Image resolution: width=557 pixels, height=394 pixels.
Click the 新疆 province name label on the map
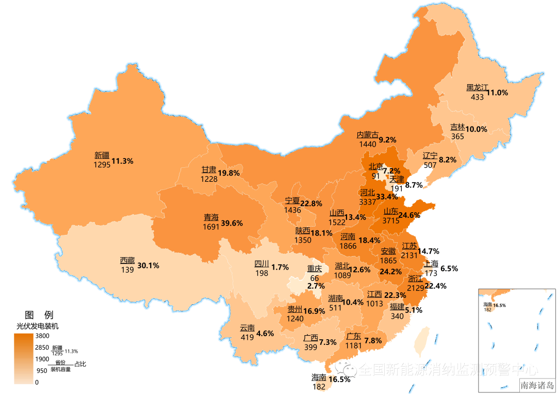coord(102,155)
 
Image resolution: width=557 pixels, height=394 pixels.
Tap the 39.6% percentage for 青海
coord(232,223)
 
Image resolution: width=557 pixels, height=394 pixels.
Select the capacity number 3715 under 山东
coord(391,220)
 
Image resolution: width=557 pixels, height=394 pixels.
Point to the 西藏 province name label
coord(127,260)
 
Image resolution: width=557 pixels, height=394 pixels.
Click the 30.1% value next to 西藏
coord(148,265)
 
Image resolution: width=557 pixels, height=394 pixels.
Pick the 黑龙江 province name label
coord(477,87)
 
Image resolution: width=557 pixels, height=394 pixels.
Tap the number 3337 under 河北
coord(368,201)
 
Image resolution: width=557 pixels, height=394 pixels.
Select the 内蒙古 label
coord(367,134)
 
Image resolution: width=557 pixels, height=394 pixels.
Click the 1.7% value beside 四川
coord(280,267)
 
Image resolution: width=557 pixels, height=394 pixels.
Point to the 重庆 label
coord(315,269)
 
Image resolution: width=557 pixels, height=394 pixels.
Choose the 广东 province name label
coord(353,336)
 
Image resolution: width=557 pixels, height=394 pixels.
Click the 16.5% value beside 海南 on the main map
coord(339,379)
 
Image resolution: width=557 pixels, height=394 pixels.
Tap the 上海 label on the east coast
coord(431,263)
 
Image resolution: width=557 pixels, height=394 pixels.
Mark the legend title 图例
coord(39,314)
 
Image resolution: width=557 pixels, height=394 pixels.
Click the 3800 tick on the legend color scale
coord(42,336)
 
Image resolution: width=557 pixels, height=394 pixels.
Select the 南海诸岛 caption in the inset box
coord(536,385)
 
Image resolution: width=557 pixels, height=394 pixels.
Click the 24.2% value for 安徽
coord(391,271)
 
